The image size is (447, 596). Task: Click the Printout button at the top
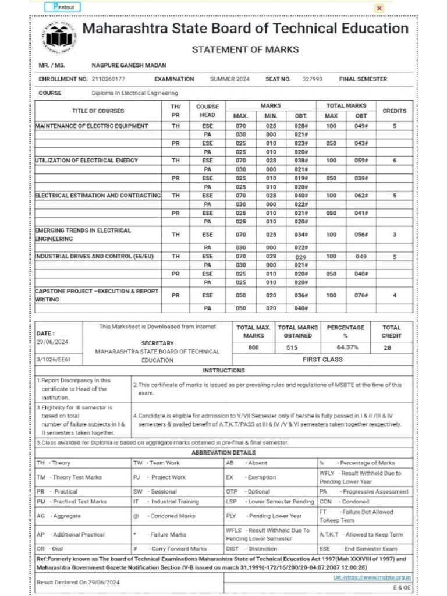tap(63, 7)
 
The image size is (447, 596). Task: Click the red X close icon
tap(379, 8)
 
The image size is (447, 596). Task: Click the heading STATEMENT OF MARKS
tap(245, 49)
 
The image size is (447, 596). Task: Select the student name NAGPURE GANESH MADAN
tap(121, 66)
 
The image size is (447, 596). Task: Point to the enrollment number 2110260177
tap(108, 79)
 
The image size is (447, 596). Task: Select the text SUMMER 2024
tap(229, 79)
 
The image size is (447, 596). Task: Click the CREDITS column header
tap(395, 111)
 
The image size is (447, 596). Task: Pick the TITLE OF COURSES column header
tap(98, 111)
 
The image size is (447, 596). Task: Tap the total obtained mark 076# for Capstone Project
tap(361, 295)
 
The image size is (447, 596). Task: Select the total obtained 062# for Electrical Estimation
tap(361, 196)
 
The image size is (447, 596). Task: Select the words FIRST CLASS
tap(323, 360)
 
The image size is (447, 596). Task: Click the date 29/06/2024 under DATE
tap(52, 342)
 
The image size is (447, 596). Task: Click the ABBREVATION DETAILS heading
tap(223, 452)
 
